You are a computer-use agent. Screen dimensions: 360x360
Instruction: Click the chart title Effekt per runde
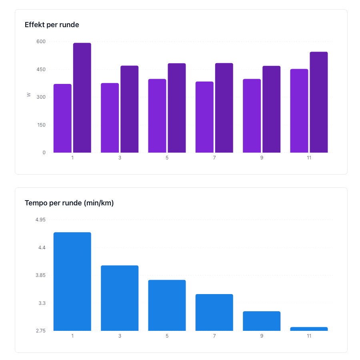coord(52,25)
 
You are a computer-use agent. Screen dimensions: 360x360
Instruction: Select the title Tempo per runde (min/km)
coord(69,203)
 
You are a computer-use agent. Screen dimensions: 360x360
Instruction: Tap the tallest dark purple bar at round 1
coord(82,98)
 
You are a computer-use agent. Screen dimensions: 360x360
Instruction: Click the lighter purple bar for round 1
coord(62,118)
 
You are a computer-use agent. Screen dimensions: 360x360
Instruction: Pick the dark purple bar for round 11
coord(319,102)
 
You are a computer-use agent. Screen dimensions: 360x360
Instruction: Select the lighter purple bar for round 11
coord(299,111)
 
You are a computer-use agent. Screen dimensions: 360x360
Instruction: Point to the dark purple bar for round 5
coord(177,108)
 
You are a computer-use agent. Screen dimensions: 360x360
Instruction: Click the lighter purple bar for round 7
coord(204,117)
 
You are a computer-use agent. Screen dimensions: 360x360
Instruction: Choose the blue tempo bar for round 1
coord(72,282)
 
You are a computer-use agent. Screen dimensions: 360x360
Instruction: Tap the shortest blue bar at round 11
coord(309,329)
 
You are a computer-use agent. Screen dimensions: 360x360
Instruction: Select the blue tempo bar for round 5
coord(167,305)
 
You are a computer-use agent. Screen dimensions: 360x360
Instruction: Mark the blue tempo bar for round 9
coord(262,321)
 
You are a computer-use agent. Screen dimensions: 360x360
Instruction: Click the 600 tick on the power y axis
coord(42,42)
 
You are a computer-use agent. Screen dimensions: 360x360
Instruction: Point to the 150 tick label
coord(42,125)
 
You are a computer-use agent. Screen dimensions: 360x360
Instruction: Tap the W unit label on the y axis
coord(29,95)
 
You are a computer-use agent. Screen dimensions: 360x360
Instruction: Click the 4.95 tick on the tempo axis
coord(40,220)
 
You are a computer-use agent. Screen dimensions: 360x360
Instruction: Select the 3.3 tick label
coord(42,303)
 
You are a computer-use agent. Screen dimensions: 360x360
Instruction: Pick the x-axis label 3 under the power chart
coord(120,158)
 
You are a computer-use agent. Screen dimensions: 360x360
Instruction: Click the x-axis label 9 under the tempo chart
coord(262,336)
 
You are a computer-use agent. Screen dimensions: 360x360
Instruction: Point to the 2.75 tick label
coord(40,331)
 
